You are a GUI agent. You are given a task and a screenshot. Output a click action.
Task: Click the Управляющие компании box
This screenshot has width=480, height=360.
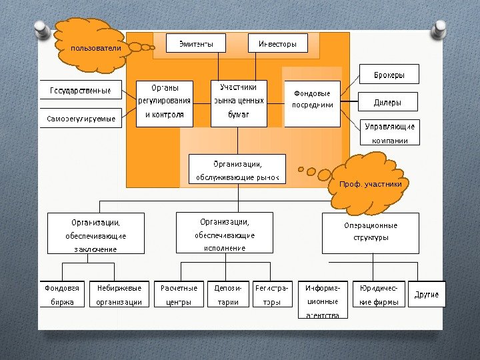tap(390, 133)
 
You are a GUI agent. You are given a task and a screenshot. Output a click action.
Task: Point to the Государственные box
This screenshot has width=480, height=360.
tap(81, 90)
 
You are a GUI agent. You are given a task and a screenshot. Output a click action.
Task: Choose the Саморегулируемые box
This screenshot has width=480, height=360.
tap(81, 119)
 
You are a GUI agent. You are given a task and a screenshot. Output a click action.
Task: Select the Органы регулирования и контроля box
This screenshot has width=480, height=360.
tap(165, 103)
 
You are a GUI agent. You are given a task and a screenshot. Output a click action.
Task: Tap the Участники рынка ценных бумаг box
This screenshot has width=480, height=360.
tap(239, 103)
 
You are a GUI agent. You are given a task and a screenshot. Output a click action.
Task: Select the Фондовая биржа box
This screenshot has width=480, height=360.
tap(62, 294)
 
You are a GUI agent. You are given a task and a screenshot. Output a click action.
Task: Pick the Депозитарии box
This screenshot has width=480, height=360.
tap(227, 294)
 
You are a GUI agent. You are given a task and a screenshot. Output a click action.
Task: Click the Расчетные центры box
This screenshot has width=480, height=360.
tap(179, 294)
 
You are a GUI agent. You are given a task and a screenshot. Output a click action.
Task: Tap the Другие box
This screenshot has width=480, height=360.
tap(426, 294)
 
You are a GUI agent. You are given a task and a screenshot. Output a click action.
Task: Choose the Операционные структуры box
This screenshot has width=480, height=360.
tap(370, 233)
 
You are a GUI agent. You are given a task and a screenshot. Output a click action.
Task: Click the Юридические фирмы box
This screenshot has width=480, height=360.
tap(379, 294)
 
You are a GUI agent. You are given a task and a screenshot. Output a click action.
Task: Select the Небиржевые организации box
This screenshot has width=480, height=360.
tap(119, 294)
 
